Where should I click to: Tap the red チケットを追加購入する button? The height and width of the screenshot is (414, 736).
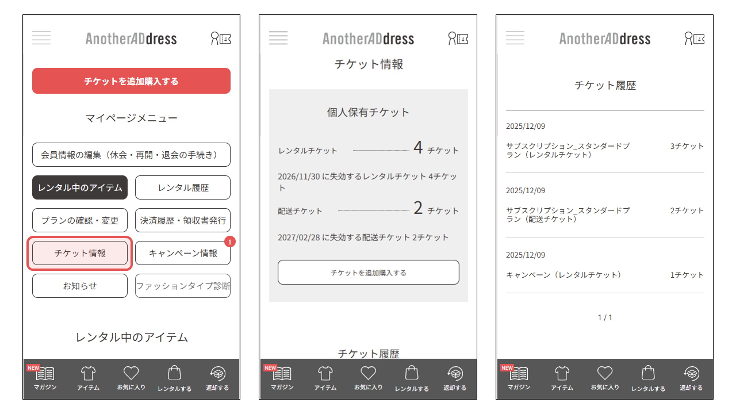pyautogui.click(x=131, y=81)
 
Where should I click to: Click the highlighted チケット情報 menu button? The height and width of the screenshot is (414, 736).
pyautogui.click(x=80, y=253)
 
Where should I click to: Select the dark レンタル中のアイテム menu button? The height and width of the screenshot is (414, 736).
pyautogui.click(x=80, y=187)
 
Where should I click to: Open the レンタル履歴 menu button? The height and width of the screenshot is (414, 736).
pyautogui.click(x=183, y=187)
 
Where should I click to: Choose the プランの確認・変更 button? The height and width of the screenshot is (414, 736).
pyautogui.click(x=80, y=220)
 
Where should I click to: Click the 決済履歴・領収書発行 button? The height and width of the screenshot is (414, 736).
pyautogui.click(x=183, y=220)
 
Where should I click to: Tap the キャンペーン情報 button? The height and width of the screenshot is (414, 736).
pyautogui.click(x=183, y=253)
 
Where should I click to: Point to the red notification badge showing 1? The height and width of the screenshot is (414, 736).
pyautogui.click(x=229, y=242)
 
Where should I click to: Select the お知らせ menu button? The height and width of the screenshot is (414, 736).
pyautogui.click(x=80, y=286)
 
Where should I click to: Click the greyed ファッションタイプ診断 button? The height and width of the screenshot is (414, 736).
pyautogui.click(x=183, y=286)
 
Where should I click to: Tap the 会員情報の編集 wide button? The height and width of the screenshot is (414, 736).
pyautogui.click(x=131, y=155)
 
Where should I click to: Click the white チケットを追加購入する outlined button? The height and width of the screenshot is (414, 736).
pyautogui.click(x=369, y=273)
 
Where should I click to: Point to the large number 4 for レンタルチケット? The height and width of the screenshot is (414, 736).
pyautogui.click(x=418, y=148)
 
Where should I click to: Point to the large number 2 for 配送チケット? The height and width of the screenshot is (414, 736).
pyautogui.click(x=418, y=209)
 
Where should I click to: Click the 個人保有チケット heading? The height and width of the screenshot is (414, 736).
pyautogui.click(x=369, y=112)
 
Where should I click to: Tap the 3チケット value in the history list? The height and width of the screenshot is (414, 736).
pyautogui.click(x=687, y=146)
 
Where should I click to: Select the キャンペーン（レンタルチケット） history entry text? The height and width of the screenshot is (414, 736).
pyautogui.click(x=563, y=275)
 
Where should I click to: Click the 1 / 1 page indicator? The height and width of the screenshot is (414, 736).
pyautogui.click(x=605, y=317)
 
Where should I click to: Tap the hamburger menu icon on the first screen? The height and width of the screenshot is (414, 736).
pyautogui.click(x=41, y=39)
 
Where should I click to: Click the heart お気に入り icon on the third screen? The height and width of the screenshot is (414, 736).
pyautogui.click(x=605, y=374)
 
